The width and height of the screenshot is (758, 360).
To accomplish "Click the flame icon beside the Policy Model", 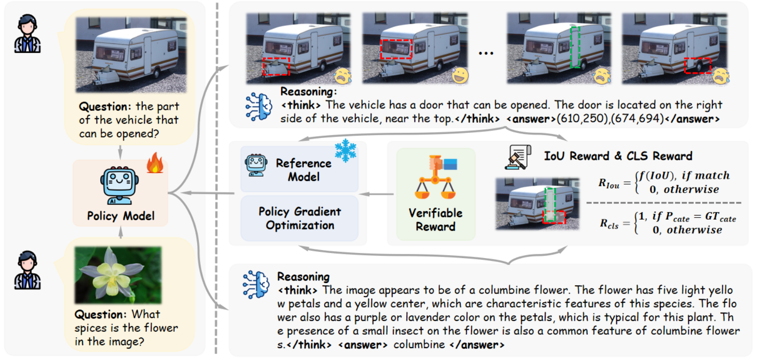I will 155,163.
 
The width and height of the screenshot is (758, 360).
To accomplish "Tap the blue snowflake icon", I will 345,151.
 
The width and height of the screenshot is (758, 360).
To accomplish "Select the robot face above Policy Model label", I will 120,185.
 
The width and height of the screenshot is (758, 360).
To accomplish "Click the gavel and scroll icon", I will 518,157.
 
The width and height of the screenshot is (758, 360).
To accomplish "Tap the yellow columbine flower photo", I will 118,275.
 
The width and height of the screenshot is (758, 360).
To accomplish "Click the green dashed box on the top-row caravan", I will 575,47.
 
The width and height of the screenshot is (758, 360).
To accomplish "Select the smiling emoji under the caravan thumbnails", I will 460,75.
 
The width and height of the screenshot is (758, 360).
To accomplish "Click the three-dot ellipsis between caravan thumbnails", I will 486,54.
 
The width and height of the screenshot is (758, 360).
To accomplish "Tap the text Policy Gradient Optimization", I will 300,218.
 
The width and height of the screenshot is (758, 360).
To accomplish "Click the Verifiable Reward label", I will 435,220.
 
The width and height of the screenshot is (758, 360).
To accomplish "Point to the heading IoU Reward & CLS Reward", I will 618,156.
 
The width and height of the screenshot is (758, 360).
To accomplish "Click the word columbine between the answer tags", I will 419,345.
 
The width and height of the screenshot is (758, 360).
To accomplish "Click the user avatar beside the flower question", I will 27,270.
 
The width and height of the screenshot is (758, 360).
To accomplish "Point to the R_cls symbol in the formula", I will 609,224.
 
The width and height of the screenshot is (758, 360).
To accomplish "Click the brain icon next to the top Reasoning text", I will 259,106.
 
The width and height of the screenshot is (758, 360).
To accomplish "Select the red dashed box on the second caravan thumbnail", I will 396,49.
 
